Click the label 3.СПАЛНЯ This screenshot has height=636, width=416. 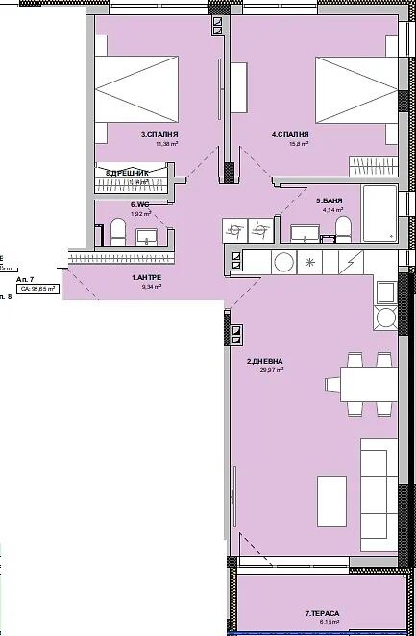[159, 135]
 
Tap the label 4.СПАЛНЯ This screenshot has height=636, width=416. [289, 135]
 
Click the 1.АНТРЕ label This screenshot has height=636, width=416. [146, 277]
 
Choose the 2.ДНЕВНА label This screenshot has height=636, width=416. [264, 361]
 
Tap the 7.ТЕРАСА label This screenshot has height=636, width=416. [323, 612]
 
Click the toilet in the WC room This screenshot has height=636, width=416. [117, 231]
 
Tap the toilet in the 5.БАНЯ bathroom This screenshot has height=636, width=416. [343, 228]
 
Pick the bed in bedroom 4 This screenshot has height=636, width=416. [353, 88]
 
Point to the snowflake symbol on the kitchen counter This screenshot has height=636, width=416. [310, 261]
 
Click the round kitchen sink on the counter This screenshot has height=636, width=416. [284, 261]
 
